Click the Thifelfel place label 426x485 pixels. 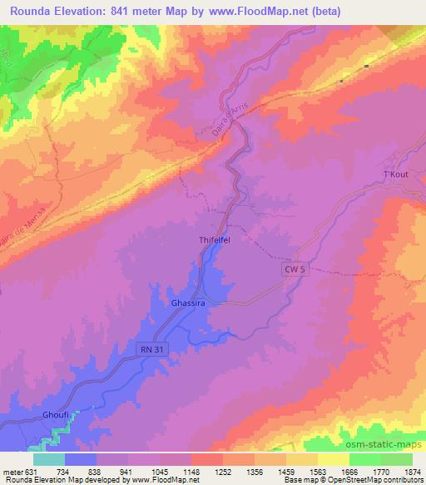point(220,238)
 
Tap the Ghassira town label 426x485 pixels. point(187,303)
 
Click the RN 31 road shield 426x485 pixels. point(148,350)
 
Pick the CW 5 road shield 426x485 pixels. point(288,271)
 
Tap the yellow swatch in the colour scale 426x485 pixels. point(334,459)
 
